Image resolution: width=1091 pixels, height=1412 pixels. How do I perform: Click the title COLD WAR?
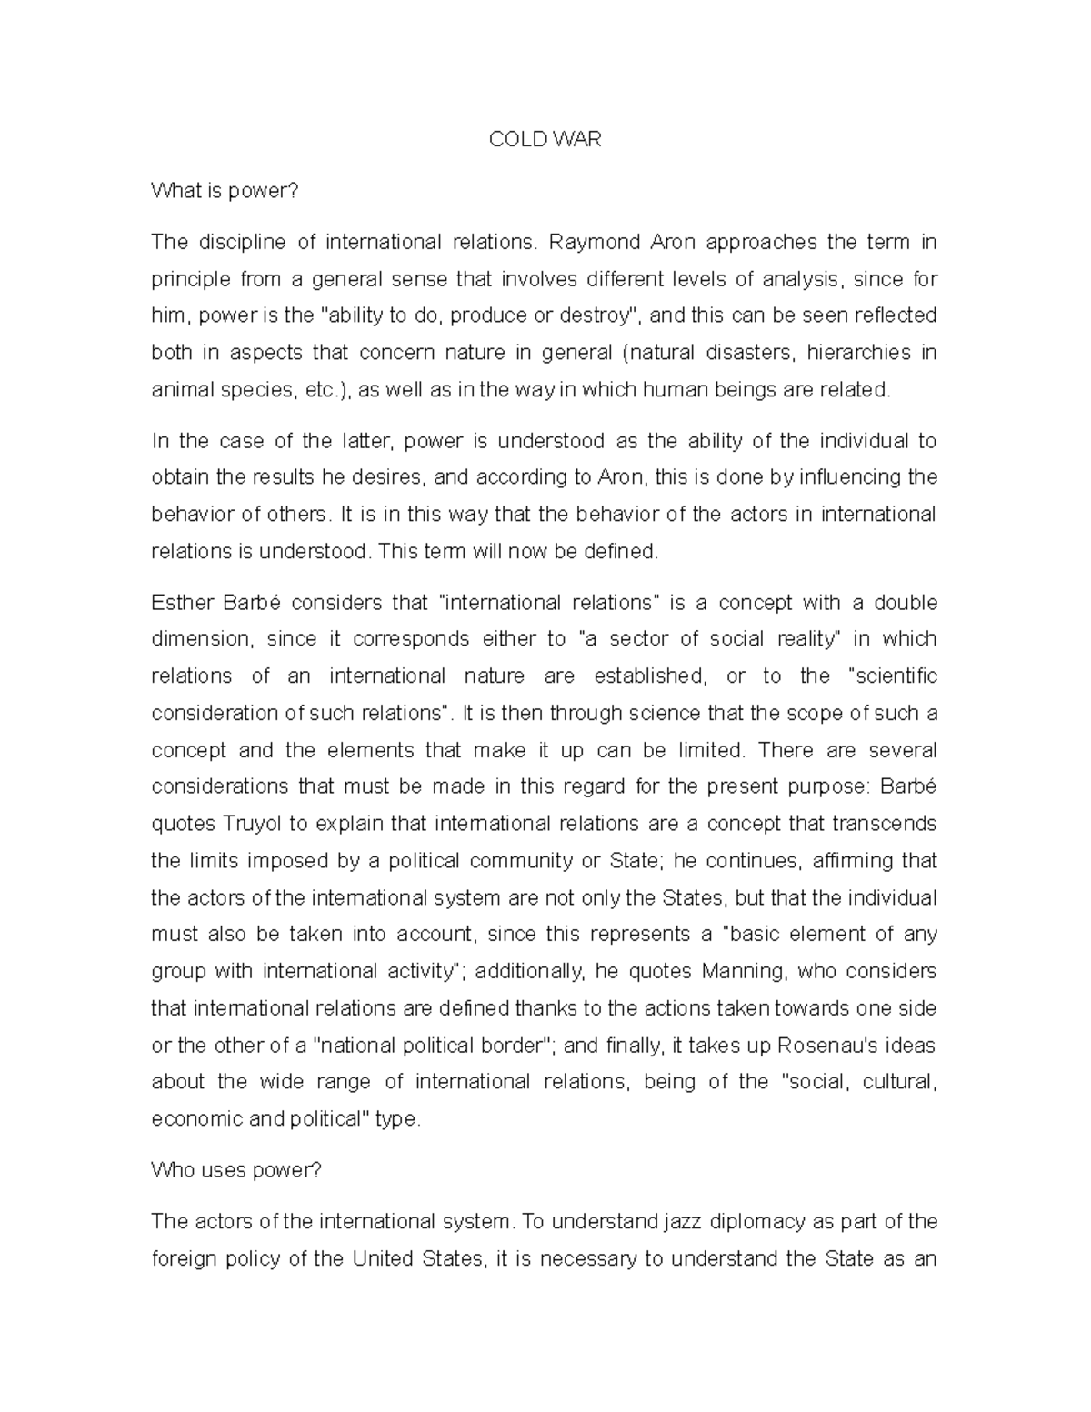coord(545,139)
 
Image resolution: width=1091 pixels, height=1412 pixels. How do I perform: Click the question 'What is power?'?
coord(224,191)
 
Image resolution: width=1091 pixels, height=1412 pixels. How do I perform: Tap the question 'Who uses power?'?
coord(236,1170)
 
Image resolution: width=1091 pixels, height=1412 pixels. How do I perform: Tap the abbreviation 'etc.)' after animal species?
coord(330,390)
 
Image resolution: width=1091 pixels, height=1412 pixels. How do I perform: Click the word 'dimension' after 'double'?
coord(200,639)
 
